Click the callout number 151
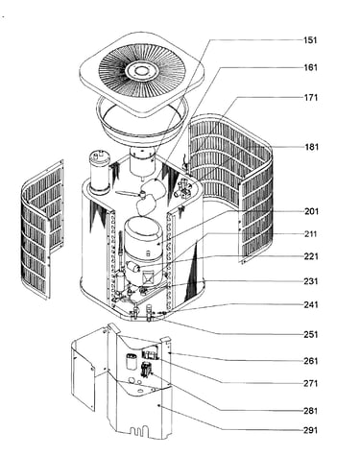click(310, 40)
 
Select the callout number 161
click(310, 67)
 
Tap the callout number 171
click(311, 97)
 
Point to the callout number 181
click(311, 147)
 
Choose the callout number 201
click(311, 211)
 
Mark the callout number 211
click(311, 234)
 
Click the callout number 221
click(311, 256)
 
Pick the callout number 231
click(311, 281)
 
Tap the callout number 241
click(311, 304)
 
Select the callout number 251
click(311, 334)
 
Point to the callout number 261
click(311, 361)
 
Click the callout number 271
click(311, 383)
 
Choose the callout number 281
click(311, 411)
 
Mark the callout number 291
click(311, 430)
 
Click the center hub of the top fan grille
click(141, 70)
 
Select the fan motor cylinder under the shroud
click(142, 162)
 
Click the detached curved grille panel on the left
click(41, 228)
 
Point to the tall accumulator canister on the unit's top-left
click(100, 172)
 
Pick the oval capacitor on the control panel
click(132, 362)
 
